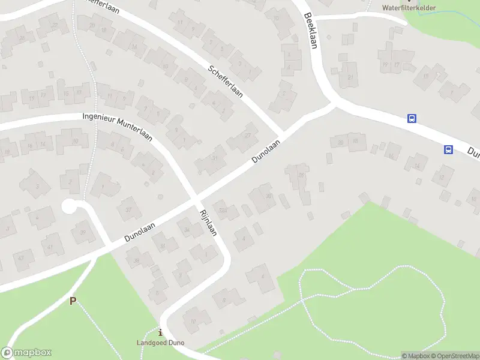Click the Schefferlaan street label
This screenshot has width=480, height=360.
point(226,82)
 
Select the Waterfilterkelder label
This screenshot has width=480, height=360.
point(409,8)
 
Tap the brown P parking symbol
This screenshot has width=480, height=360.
point(73,301)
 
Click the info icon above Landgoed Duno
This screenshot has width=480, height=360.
point(160,332)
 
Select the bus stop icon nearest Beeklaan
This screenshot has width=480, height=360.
point(412,118)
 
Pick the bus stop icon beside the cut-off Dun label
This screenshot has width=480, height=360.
point(448,149)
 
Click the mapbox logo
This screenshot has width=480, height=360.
point(26,353)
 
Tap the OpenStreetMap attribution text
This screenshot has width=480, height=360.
point(454,356)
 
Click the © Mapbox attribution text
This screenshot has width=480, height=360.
point(415,356)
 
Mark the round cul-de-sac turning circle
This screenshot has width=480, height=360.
point(70,207)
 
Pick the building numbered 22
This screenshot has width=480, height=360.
point(55,25)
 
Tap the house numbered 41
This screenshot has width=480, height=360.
point(52,247)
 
